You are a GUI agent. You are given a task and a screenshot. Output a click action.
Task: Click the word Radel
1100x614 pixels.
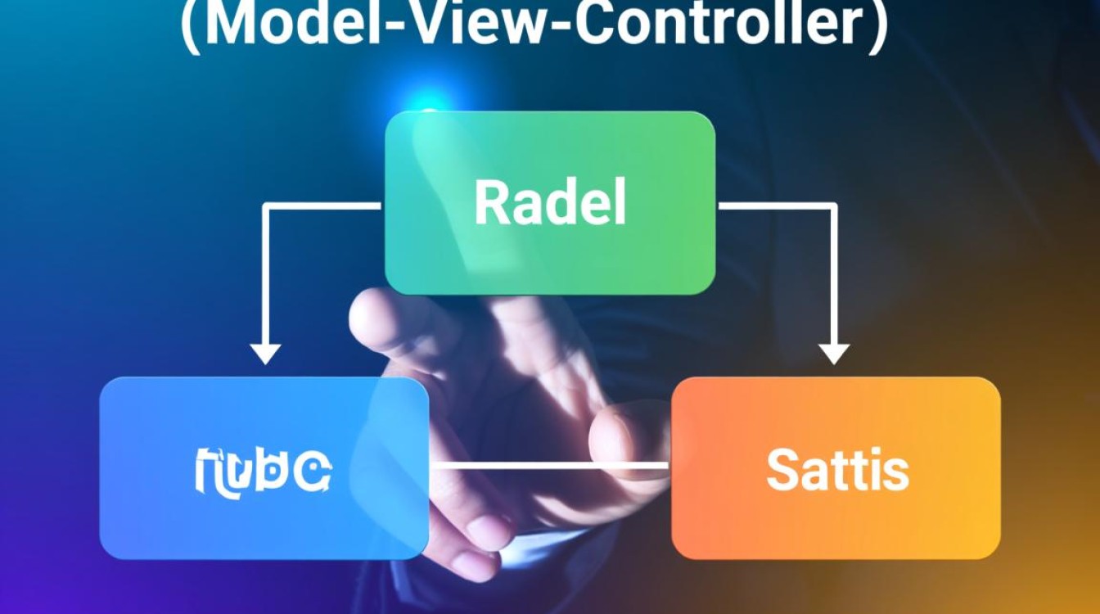[x=550, y=204]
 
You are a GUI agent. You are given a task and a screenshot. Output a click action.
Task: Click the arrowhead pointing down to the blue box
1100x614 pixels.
[x=264, y=354]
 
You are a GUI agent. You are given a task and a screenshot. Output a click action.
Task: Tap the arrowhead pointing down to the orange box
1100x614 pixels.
[x=834, y=354]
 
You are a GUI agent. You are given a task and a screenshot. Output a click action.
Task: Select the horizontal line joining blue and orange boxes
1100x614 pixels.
[x=550, y=465]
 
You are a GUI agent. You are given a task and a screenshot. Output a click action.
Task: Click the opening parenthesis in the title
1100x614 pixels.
[x=191, y=26]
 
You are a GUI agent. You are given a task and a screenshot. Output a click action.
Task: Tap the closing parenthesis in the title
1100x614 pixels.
[x=877, y=26]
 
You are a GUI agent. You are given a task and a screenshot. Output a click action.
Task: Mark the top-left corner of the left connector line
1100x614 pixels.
[x=264, y=205]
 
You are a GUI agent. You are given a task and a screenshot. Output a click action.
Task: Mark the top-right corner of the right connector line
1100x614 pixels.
[x=834, y=205]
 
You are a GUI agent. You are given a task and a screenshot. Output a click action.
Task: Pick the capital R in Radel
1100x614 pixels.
[x=489, y=204]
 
